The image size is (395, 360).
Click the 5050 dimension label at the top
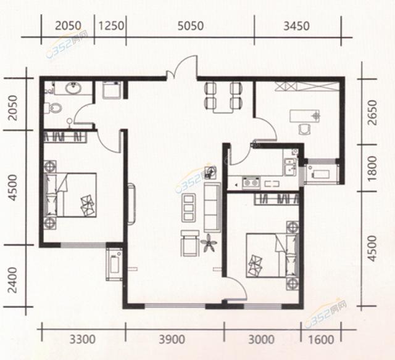[x=191, y=26]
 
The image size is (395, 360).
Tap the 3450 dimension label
[x=296, y=26]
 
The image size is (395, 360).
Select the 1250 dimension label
[x=111, y=26]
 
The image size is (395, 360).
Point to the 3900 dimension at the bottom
[x=172, y=340]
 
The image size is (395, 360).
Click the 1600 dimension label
[x=321, y=340]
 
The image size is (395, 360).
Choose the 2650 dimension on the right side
[x=372, y=112]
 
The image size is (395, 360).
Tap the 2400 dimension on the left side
[x=12, y=280]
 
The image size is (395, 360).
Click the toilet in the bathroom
[x=53, y=108]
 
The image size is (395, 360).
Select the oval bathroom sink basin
[x=73, y=88]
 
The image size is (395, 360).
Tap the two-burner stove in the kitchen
[x=251, y=182]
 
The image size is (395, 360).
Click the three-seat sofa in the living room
[x=212, y=208]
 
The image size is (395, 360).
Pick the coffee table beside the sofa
[x=189, y=208]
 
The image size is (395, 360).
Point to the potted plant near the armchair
[x=209, y=243]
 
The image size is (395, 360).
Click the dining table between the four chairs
[x=223, y=99]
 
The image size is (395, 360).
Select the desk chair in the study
[x=304, y=129]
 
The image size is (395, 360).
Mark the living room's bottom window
[x=175, y=306]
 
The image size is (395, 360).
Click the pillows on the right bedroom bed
[x=255, y=266]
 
